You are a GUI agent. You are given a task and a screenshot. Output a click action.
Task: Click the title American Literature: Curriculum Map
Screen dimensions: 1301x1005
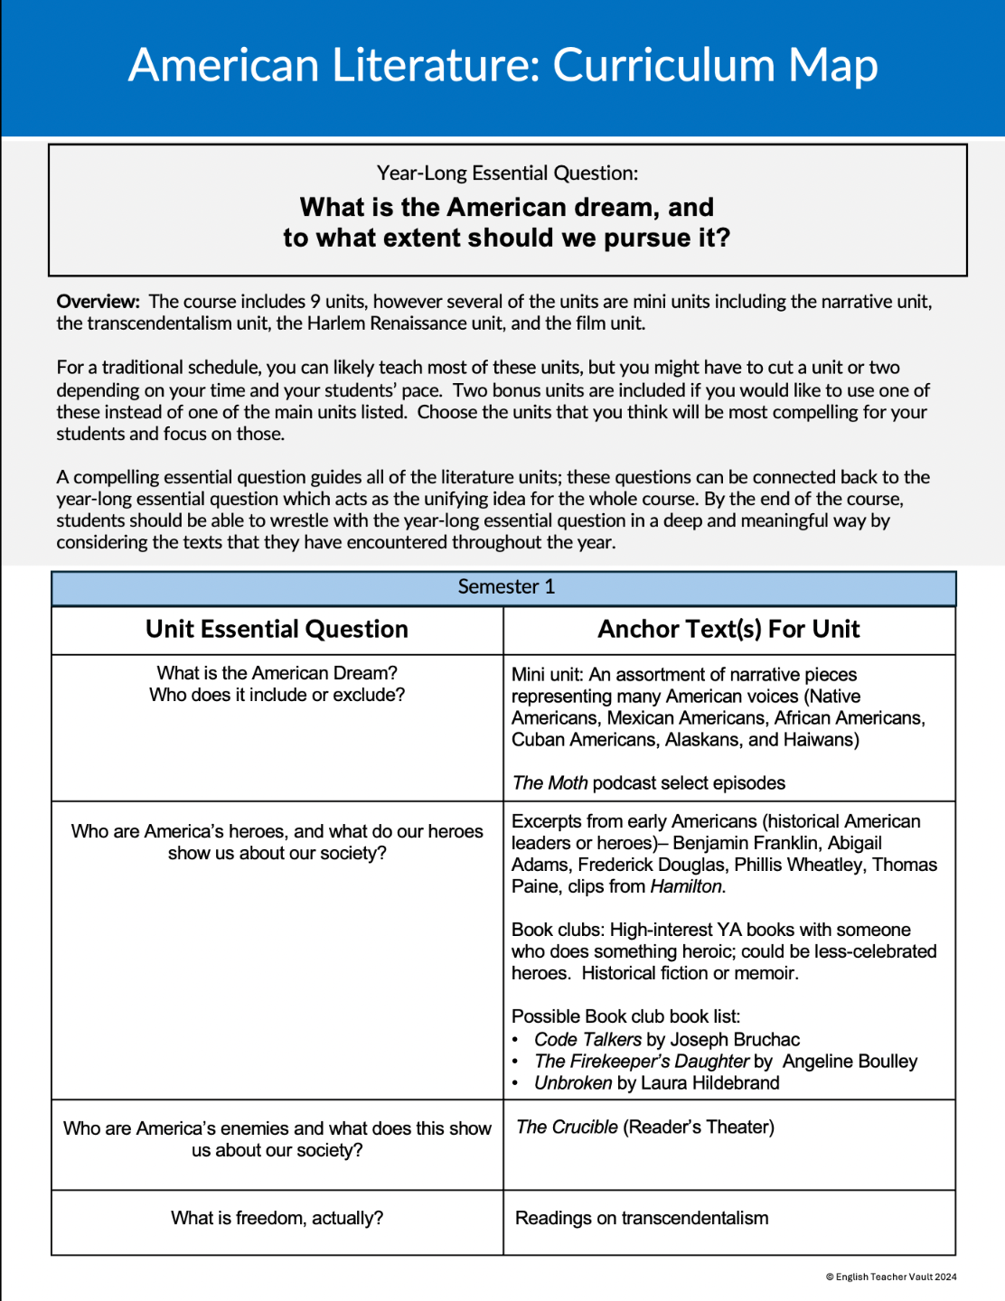(x=502, y=66)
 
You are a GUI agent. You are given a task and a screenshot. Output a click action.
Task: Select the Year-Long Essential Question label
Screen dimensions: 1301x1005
(x=507, y=173)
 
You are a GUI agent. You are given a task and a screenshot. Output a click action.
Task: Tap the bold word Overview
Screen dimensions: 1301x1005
(x=98, y=302)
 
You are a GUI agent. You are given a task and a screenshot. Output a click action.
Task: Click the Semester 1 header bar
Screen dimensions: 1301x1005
(x=504, y=587)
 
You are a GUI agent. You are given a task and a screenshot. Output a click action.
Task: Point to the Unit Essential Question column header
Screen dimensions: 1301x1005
(x=277, y=630)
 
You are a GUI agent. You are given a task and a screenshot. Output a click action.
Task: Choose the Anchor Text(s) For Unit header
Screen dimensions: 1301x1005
(x=728, y=630)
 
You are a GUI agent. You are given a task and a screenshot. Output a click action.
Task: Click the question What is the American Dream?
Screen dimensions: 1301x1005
(x=277, y=673)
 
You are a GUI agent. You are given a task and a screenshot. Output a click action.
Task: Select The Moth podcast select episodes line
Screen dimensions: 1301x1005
(x=648, y=783)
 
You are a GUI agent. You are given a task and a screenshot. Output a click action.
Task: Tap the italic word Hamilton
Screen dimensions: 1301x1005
(x=687, y=886)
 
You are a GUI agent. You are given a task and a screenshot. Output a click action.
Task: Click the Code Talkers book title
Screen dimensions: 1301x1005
(x=587, y=1040)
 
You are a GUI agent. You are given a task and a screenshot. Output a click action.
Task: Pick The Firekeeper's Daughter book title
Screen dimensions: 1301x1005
(x=642, y=1062)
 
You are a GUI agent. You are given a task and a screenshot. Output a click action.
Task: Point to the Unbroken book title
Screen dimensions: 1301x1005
(x=573, y=1083)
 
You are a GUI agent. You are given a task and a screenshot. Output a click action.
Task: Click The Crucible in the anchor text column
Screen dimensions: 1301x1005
(x=567, y=1128)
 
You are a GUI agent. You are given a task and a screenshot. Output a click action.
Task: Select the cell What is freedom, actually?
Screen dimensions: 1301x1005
(x=277, y=1219)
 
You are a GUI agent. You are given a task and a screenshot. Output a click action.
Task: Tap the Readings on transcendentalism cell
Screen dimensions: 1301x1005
(x=642, y=1219)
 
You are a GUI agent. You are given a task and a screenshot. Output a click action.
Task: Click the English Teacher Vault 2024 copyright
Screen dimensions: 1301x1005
(x=891, y=1277)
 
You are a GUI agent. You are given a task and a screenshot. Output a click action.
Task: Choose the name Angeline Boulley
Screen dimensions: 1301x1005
(x=850, y=1062)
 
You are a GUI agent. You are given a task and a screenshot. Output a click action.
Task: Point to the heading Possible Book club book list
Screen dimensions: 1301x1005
(x=625, y=1016)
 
